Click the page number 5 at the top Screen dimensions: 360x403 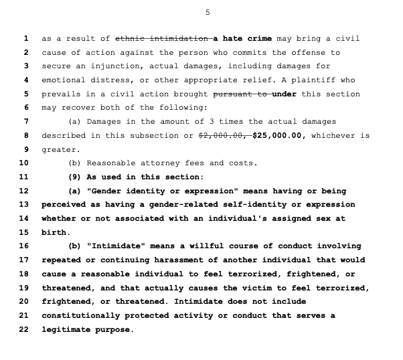pyautogui.click(x=207, y=13)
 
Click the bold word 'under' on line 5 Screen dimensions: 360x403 pyautogui.click(x=285, y=94)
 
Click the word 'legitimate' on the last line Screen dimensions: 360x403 pyautogui.click(x=66, y=330)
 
